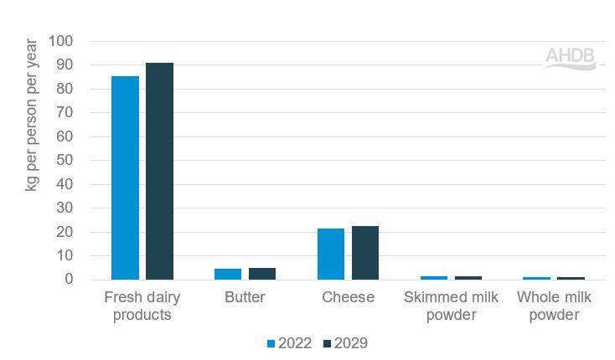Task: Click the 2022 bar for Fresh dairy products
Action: click(125, 177)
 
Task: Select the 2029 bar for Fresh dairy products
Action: click(159, 172)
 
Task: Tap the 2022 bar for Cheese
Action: click(331, 254)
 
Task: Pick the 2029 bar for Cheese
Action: click(365, 253)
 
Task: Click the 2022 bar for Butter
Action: click(228, 274)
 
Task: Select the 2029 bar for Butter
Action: click(262, 274)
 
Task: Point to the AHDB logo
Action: click(571, 58)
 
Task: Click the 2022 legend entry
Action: click(290, 342)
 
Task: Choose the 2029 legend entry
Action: click(344, 342)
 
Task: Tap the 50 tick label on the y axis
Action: click(65, 161)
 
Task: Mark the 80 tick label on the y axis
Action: click(65, 89)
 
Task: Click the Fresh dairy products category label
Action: click(142, 306)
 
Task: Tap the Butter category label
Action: click(245, 297)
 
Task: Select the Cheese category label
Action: click(348, 297)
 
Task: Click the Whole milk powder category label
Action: click(554, 306)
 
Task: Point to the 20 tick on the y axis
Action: click(65, 232)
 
